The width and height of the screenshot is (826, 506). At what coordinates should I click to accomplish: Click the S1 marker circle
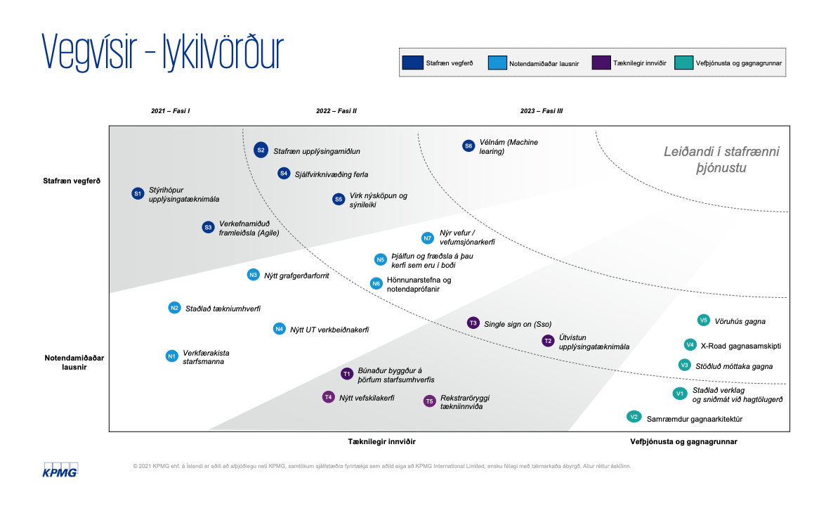click(x=138, y=193)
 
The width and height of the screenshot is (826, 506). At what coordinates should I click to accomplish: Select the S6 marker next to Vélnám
click(x=468, y=146)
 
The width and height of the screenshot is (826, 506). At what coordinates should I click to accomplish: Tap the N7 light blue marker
click(x=427, y=238)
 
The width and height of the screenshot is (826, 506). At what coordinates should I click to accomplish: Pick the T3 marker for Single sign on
click(x=473, y=323)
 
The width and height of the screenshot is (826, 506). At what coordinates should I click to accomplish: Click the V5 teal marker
click(x=703, y=320)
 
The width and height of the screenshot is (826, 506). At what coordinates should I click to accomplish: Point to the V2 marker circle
click(x=634, y=417)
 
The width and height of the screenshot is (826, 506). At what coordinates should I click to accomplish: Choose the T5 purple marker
click(x=430, y=401)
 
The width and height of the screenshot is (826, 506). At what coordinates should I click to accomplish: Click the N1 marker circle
click(x=171, y=356)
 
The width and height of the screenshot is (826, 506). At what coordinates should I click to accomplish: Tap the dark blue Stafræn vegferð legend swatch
click(x=412, y=63)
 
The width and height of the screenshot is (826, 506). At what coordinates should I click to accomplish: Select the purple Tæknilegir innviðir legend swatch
click(x=603, y=63)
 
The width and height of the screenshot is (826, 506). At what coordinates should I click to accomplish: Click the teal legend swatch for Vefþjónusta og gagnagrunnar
click(x=683, y=63)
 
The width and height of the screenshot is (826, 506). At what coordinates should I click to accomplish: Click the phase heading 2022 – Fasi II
click(x=336, y=111)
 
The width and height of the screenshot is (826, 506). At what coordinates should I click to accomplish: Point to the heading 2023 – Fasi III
click(x=542, y=111)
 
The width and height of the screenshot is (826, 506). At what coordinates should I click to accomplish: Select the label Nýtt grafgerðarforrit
click(x=296, y=275)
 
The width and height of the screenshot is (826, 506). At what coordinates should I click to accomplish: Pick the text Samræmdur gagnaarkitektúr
click(x=695, y=418)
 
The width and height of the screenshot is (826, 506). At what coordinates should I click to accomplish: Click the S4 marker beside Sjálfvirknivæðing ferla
click(x=284, y=173)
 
